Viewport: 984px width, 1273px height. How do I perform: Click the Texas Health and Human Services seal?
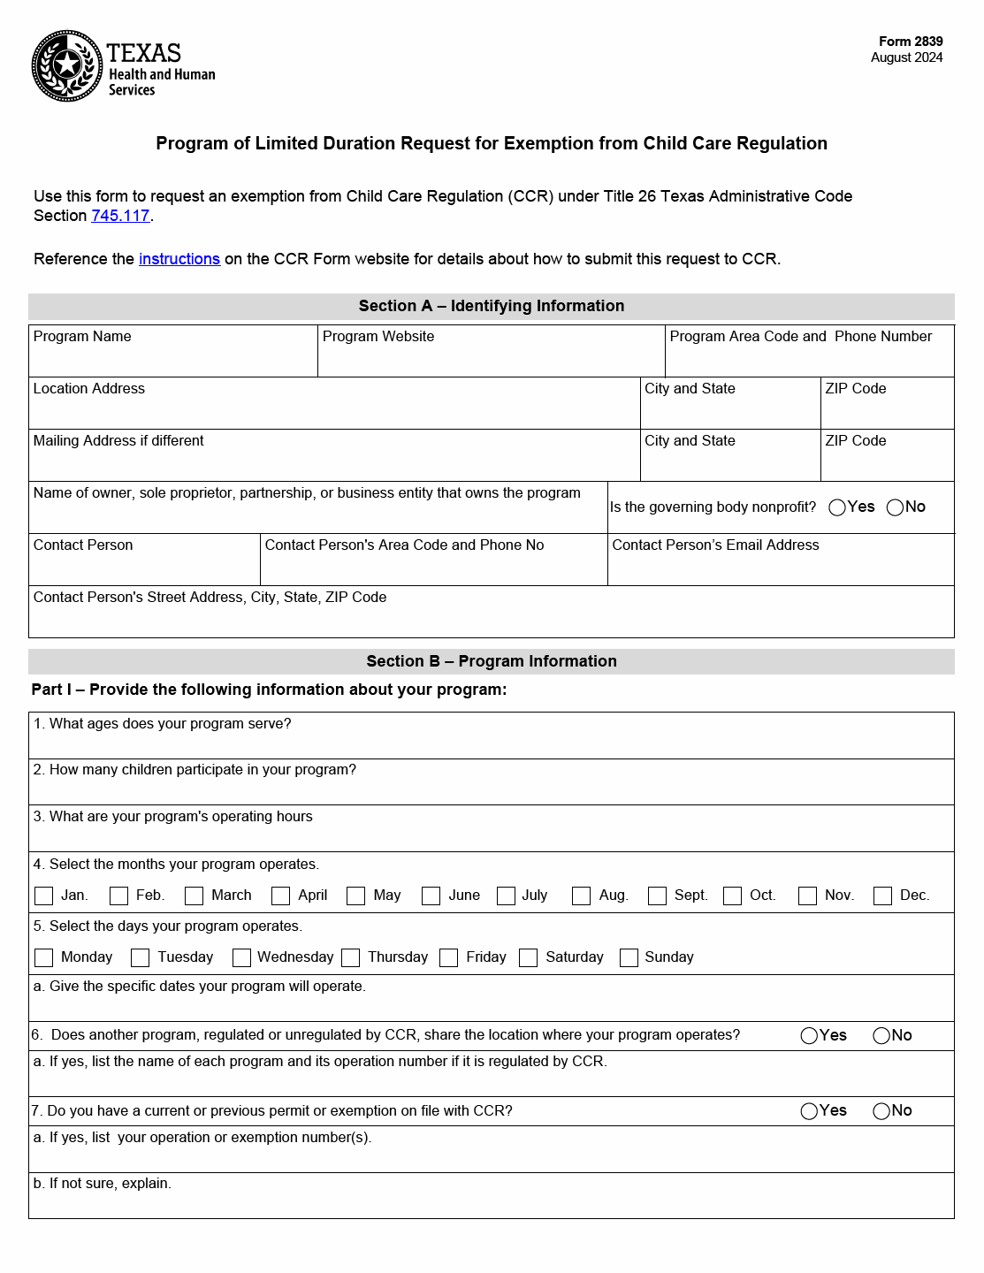(67, 66)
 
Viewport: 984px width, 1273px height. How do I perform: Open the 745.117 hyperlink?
(120, 216)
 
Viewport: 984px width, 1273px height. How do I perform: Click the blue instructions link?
(179, 259)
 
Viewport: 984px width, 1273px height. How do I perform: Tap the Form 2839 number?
(910, 42)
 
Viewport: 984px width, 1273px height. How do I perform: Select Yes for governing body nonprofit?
(837, 507)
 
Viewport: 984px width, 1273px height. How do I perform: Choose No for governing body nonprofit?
(895, 507)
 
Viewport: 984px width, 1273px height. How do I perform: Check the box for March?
(195, 896)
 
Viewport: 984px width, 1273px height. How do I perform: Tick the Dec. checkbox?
(882, 896)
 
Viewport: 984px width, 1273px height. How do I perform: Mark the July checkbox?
(506, 896)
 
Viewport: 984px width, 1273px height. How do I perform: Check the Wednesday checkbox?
(241, 957)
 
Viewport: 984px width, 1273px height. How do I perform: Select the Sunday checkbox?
(629, 957)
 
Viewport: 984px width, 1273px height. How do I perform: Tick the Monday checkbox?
(43, 957)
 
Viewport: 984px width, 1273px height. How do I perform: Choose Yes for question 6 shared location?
(809, 1036)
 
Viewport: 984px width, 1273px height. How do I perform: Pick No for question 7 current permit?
(881, 1111)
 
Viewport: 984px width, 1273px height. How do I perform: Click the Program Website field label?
(378, 337)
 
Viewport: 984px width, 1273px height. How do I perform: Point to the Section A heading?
(491, 306)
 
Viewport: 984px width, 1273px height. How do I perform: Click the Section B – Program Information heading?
(491, 661)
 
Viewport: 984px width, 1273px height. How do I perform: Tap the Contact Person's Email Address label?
(715, 545)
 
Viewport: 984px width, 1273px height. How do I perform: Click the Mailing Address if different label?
(118, 441)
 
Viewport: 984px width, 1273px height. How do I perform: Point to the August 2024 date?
(906, 57)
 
